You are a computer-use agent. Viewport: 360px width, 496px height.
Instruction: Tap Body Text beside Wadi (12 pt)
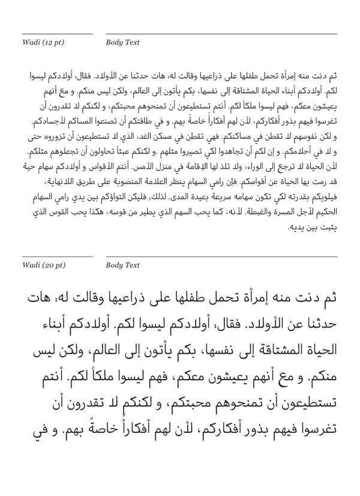point(122,43)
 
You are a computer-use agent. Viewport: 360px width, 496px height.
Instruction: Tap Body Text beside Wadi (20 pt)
point(122,265)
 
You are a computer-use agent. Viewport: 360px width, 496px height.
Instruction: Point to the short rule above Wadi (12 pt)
point(57,34)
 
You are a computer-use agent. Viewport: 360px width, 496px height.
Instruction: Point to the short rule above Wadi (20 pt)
point(57,256)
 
